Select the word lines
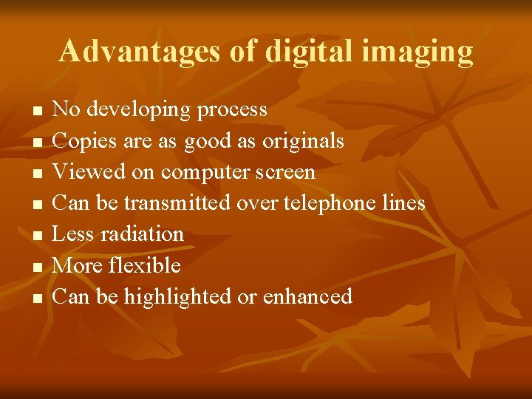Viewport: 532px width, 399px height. (403, 202)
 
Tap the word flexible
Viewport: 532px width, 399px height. (144, 265)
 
